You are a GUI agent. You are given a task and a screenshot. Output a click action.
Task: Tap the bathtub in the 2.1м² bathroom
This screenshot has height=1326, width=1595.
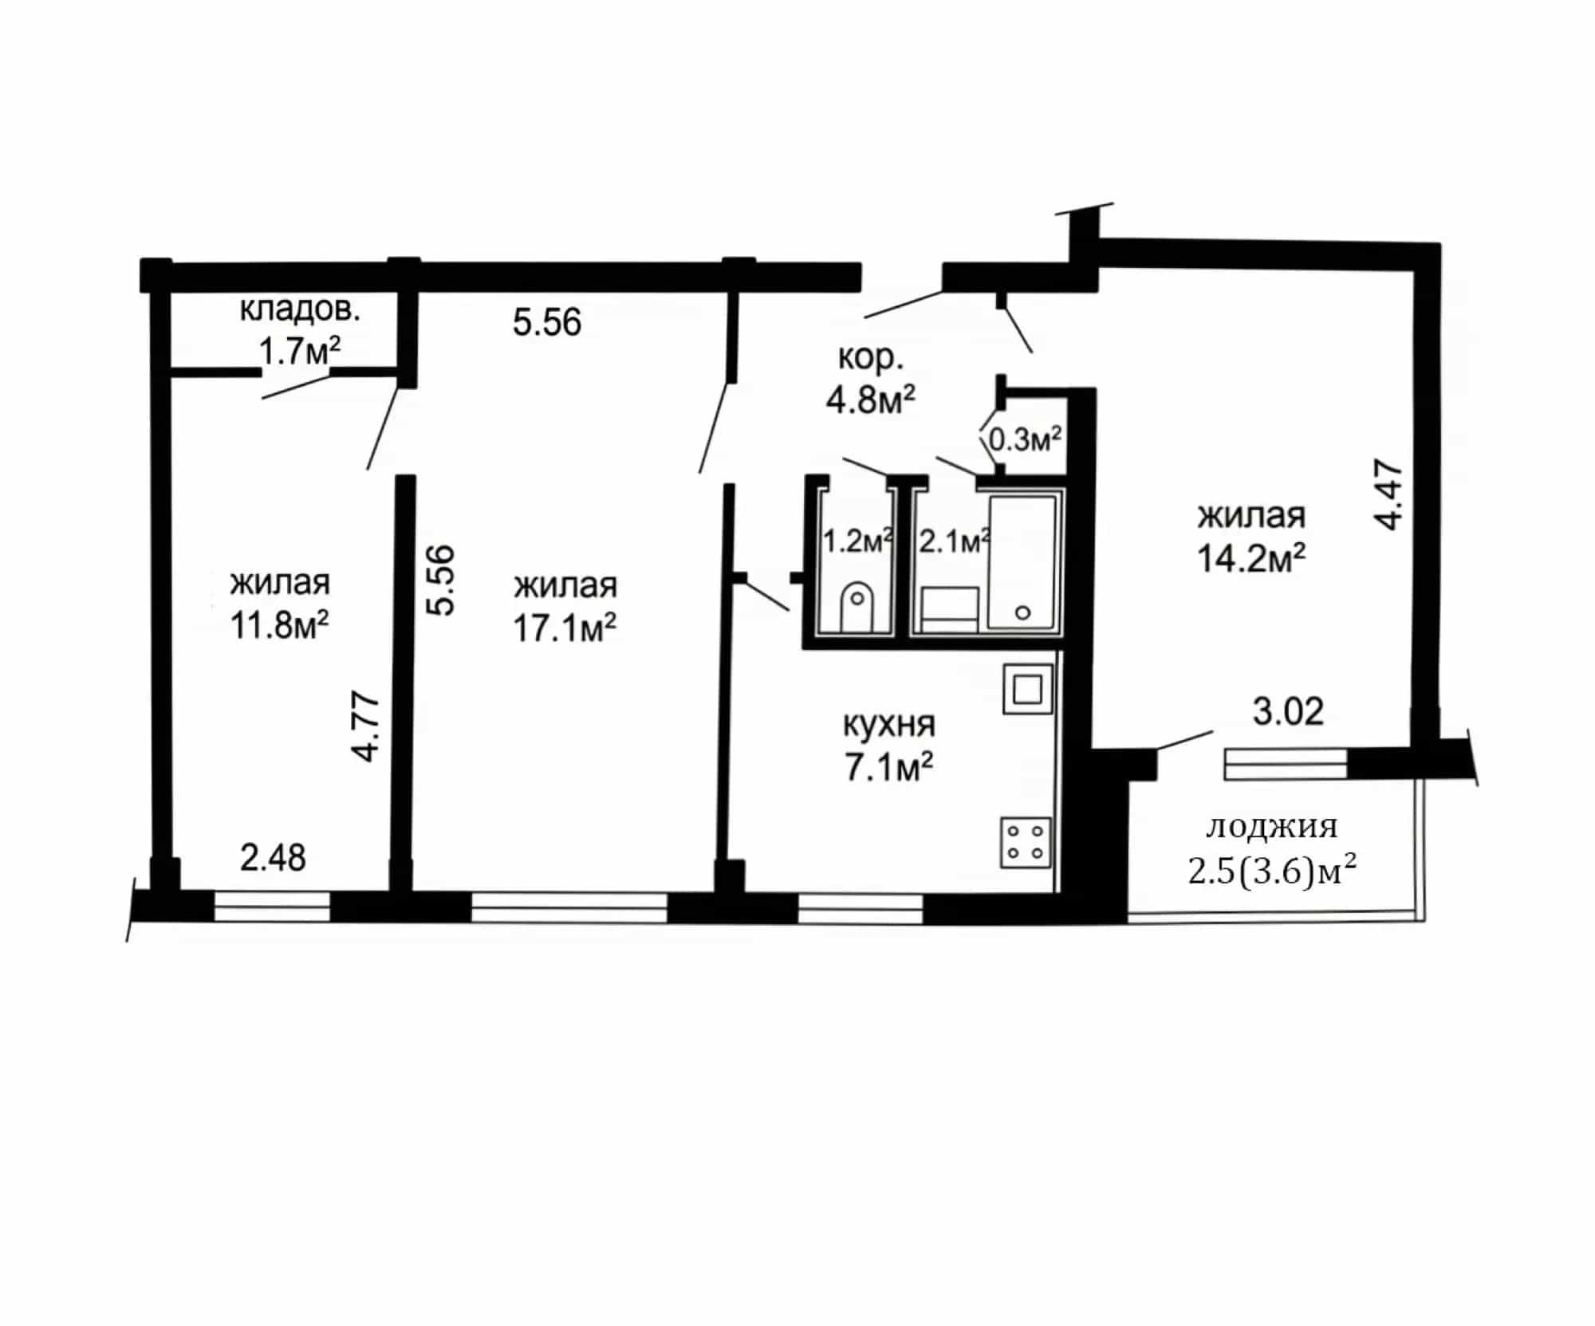pos(1023,562)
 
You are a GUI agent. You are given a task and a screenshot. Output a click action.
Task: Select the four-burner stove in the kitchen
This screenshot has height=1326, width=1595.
pos(1026,842)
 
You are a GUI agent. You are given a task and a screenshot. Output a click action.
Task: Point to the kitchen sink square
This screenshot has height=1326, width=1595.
pos(1027,689)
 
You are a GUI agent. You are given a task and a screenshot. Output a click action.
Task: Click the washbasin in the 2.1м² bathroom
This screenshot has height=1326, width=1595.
pos(950,610)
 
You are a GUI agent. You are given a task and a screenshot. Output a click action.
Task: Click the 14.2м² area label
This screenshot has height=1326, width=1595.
pos(1251,558)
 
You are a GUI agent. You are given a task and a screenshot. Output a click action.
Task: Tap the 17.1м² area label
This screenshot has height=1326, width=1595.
pos(565,628)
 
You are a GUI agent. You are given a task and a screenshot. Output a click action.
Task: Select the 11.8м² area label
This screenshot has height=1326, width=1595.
pos(280,625)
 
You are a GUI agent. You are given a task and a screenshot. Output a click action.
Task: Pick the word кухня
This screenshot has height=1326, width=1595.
pos(889,725)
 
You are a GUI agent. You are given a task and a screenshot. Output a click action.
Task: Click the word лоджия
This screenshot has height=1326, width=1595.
pos(1271,827)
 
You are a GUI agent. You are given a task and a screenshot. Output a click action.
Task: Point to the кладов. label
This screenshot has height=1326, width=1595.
pos(300,309)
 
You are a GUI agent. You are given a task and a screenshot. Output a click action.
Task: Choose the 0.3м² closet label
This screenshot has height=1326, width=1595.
pos(1025,439)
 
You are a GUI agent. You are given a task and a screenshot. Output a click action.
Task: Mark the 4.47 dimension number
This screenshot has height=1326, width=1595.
pos(1388,494)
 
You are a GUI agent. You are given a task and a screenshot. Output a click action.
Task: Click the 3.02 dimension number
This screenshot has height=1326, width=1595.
pos(1288,711)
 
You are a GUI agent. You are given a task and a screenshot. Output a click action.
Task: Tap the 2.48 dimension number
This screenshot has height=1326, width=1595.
pos(273,858)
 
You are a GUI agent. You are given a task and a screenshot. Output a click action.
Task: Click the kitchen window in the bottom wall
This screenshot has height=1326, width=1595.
pos(861,908)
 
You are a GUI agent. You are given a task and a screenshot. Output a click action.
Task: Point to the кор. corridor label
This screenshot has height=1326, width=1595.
pos(871,359)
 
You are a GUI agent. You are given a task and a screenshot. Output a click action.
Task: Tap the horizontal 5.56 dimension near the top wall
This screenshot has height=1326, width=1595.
pos(547,322)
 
